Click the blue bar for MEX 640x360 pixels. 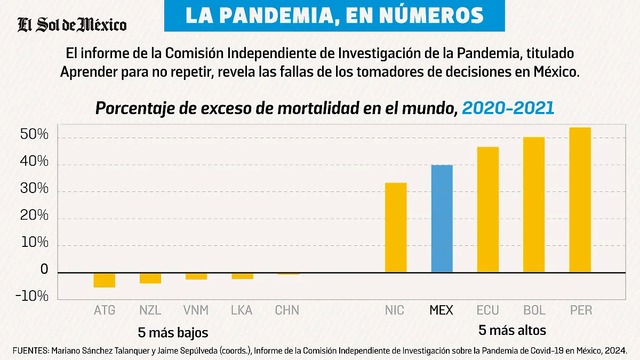(x=442, y=219)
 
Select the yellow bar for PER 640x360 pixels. (x=580, y=200)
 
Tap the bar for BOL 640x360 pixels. (x=533, y=205)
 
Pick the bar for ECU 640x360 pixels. (x=487, y=210)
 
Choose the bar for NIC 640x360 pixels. (x=396, y=228)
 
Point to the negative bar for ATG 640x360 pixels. (x=104, y=280)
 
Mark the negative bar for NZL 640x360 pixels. (x=150, y=278)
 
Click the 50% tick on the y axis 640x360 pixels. (x=35, y=135)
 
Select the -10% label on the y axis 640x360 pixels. (x=32, y=297)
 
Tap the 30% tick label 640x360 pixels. (x=35, y=189)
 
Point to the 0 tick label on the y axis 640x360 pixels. (x=44, y=270)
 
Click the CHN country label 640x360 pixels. (x=287, y=310)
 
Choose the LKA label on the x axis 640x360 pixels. (x=242, y=310)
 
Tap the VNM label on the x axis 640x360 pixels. (x=196, y=310)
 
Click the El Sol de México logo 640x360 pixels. (x=72, y=25)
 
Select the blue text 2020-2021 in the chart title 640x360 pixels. (x=508, y=108)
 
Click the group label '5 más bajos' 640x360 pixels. (x=173, y=333)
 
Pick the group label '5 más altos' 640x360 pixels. (x=512, y=330)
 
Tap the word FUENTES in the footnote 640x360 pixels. (x=30, y=350)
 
